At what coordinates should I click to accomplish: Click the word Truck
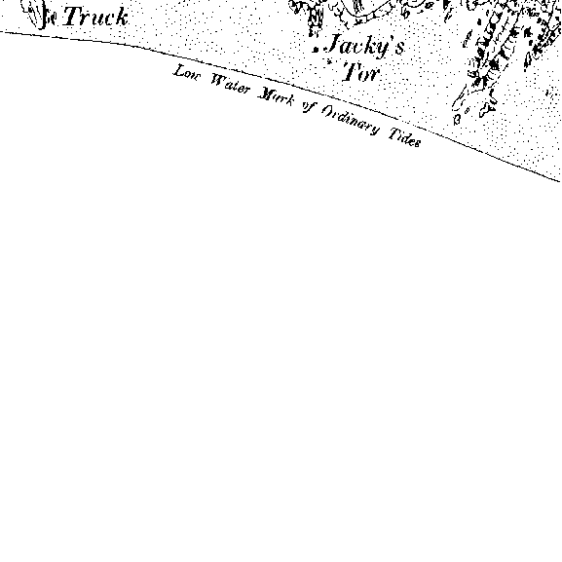coord(95,17)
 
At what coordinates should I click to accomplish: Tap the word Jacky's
coord(366,46)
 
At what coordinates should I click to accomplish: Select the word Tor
coord(361,72)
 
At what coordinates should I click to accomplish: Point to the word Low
coord(187,73)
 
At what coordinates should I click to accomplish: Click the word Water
coord(230,85)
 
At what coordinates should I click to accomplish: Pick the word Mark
coord(276,97)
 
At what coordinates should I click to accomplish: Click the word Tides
coord(404,137)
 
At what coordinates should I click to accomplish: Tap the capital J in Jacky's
coord(335,44)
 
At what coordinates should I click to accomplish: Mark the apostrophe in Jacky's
coord(392,38)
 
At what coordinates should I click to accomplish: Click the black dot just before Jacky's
coord(316,50)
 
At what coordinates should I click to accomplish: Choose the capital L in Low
coord(179,70)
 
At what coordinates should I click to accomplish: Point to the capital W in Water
coord(218,81)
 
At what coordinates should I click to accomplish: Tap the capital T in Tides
coord(395,133)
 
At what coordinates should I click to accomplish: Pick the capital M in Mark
coord(266,94)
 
